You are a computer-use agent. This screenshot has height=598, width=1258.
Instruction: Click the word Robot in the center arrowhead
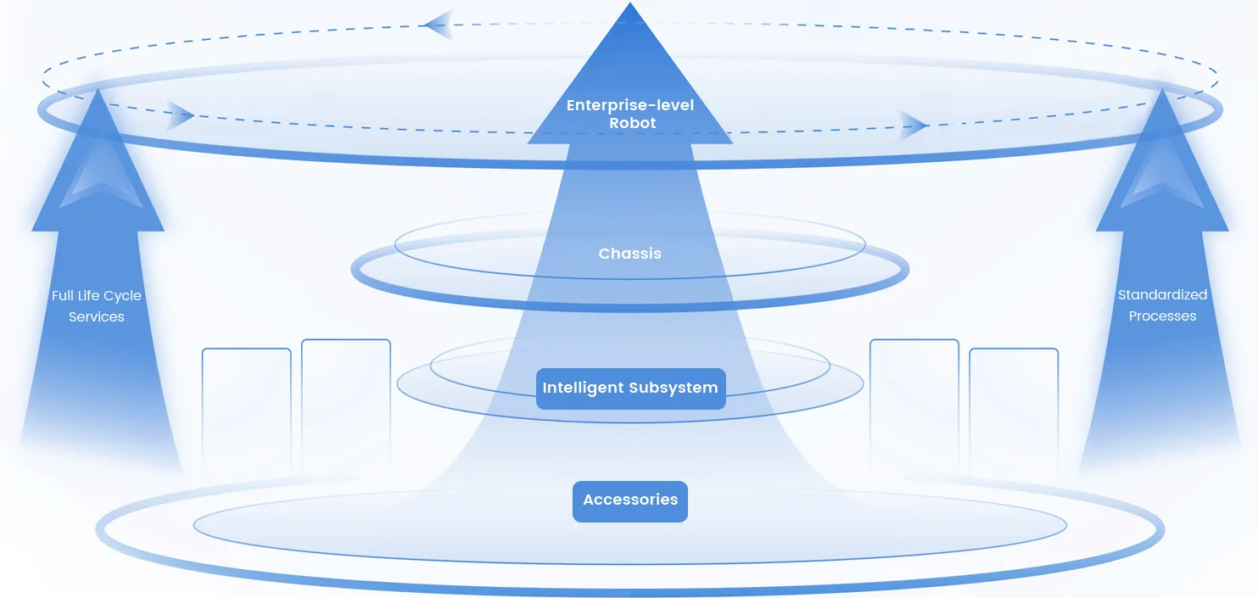click(633, 123)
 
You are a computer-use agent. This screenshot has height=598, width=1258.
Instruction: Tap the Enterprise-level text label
click(630, 105)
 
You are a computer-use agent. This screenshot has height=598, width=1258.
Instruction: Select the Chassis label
click(629, 254)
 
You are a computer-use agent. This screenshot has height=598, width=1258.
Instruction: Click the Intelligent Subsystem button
click(630, 388)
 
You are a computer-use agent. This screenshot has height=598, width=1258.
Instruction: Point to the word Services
click(97, 317)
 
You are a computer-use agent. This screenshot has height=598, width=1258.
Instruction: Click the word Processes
click(1162, 316)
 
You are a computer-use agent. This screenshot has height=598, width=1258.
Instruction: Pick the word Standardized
click(1162, 295)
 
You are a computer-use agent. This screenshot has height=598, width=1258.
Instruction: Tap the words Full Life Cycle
click(97, 296)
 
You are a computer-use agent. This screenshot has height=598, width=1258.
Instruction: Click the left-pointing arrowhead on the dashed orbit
click(438, 25)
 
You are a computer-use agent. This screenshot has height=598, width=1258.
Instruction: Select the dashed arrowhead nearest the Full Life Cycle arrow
click(180, 115)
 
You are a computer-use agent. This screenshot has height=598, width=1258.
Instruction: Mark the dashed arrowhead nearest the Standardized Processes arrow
click(914, 125)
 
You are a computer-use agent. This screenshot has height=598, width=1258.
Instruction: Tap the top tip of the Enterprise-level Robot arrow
click(630, 5)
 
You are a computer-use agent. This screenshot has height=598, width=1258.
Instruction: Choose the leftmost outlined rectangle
click(246, 407)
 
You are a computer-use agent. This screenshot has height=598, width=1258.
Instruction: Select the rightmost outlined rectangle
click(1014, 407)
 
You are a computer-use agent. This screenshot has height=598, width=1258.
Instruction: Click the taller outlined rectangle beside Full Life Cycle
click(346, 403)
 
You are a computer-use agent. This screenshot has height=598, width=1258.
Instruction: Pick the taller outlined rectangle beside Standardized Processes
click(914, 403)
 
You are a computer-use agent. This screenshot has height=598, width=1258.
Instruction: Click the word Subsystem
click(674, 388)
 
